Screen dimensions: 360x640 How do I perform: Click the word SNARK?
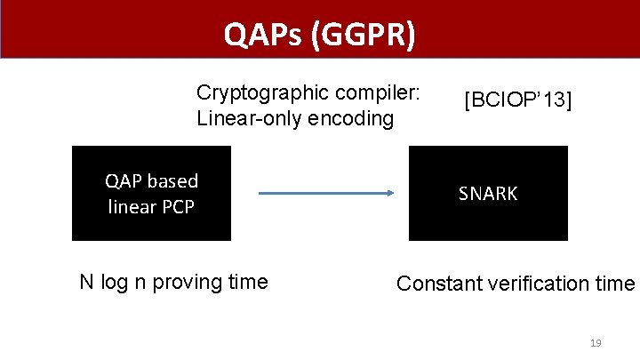(x=487, y=194)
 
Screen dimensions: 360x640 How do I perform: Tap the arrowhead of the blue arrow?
(x=388, y=193)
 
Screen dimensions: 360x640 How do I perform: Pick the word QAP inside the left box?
(x=124, y=181)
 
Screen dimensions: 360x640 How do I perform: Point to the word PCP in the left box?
(x=177, y=209)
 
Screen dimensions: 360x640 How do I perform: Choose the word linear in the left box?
(x=132, y=209)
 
